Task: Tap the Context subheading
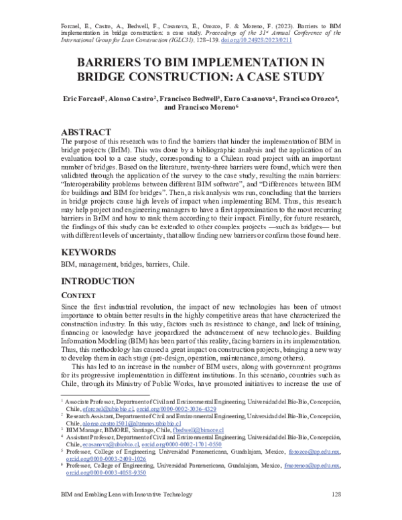click(x=80, y=296)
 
